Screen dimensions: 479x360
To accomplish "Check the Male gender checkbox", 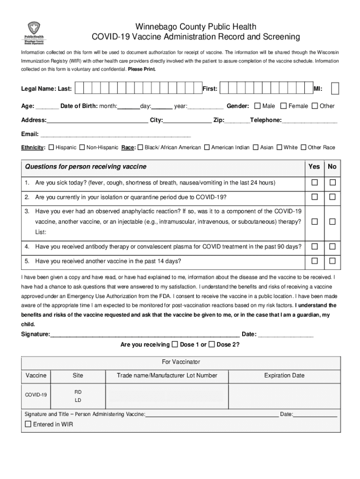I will pos(257,106).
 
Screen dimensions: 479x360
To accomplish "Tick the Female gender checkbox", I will pos(283,106).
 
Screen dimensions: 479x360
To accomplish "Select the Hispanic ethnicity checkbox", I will pos(51,147).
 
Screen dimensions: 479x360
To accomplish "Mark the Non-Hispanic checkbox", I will pos(82,147).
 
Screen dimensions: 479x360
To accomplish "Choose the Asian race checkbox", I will pos(256,147).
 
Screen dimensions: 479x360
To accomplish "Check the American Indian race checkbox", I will pos(207,147).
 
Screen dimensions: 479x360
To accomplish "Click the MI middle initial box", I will pos(335,88).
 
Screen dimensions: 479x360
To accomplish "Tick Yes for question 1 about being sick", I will pos(315,182).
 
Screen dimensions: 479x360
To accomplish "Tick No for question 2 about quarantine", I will pos(332,197).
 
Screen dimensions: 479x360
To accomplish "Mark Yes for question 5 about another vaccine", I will pos(315,261).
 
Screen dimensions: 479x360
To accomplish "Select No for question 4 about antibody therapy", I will pos(332,246).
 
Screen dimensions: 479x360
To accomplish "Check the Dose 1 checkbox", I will pos(175,344).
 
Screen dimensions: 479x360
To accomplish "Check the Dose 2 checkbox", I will pos(211,344).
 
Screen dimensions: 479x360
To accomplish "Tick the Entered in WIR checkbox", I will pos(28,424).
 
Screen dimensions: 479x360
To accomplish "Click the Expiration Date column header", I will pos(284,375).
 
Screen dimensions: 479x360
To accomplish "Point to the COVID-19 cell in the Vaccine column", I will pos(36,395).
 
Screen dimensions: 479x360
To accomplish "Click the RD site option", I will pos(78,391).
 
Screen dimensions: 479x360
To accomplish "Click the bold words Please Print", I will pos(142,69).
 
